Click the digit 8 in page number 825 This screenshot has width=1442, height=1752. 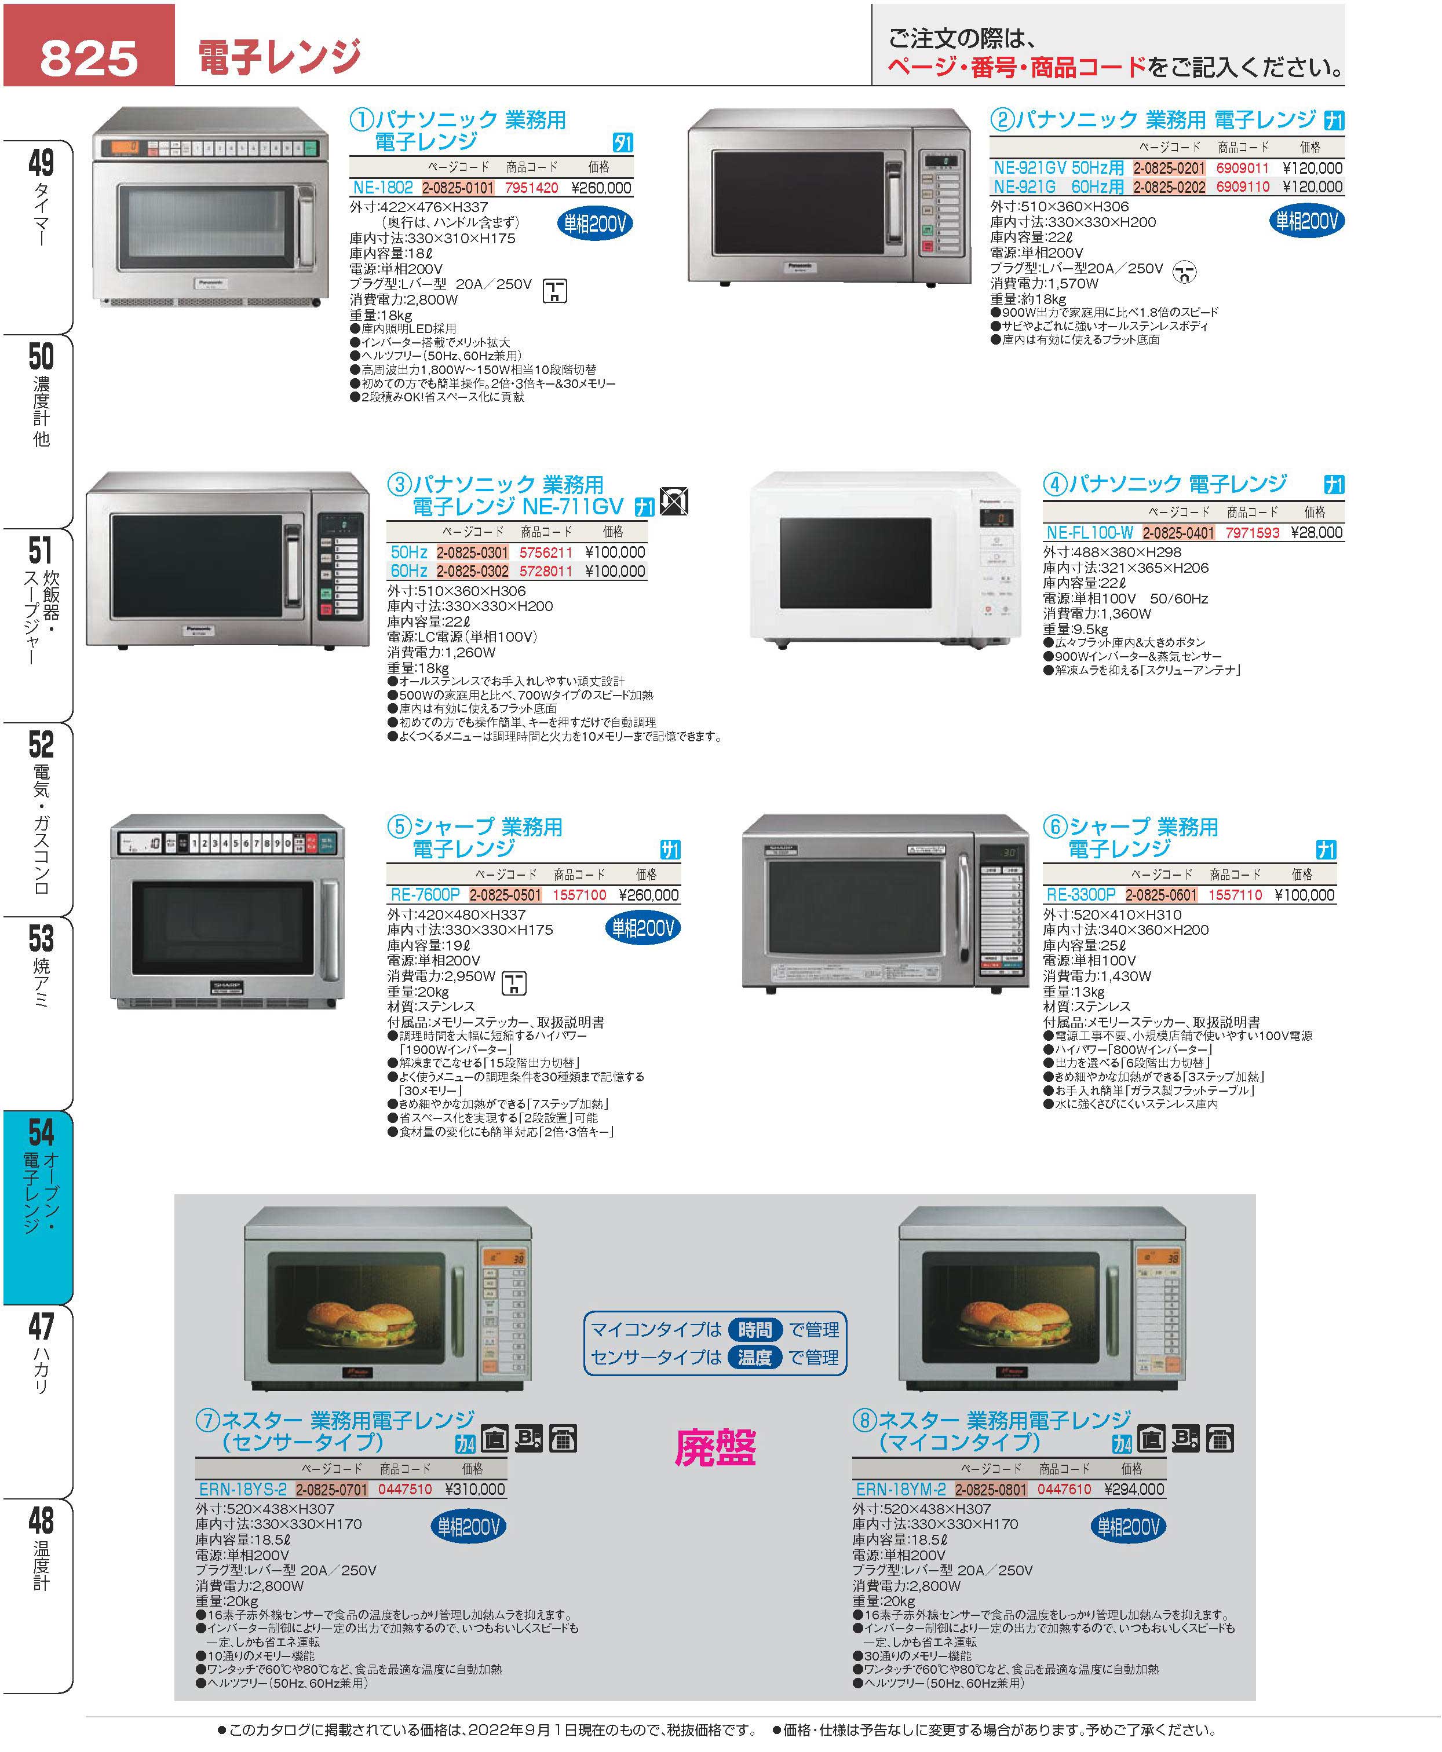[56, 58]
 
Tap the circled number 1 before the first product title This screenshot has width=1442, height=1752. [362, 120]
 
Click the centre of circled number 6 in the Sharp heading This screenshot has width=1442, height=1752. [1055, 827]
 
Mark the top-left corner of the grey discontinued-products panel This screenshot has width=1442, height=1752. [174, 1195]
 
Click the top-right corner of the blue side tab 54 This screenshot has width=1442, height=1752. [73, 1111]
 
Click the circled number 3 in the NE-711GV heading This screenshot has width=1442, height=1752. [400, 485]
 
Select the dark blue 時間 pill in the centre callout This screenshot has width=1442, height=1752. [754, 1329]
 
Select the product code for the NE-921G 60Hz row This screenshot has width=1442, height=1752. [1243, 188]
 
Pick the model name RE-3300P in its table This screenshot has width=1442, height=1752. [1080, 895]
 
